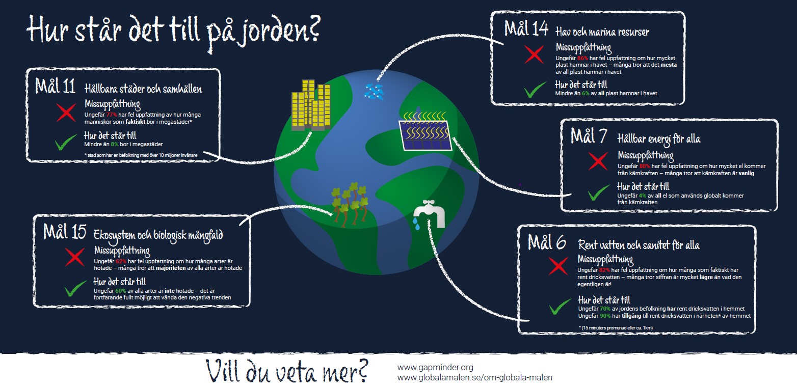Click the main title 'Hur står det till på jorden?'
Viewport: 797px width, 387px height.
pos(173,30)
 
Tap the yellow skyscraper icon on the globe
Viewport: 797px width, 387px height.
pos(309,105)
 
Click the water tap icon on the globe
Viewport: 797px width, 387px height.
pos(430,214)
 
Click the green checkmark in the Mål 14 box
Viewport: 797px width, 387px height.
pos(535,90)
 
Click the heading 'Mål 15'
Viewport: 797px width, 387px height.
pos(64,232)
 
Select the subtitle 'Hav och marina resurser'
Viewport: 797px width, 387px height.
pos(602,32)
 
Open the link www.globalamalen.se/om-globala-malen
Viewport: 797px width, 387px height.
pos(474,378)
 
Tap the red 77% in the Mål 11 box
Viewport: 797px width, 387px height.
pos(112,115)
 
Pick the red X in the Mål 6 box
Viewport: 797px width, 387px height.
pos(558,265)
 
